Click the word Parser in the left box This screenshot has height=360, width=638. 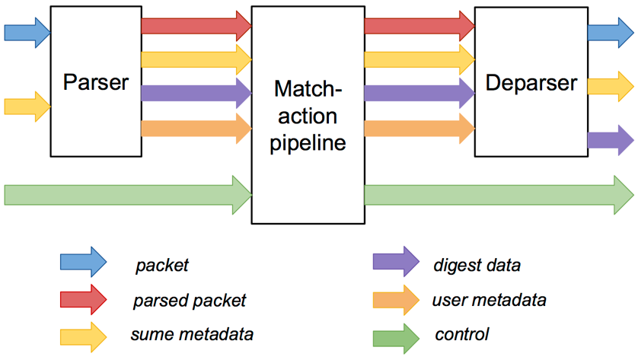coord(96,82)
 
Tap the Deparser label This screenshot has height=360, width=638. coord(531,84)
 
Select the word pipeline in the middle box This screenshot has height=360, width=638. coord(308,143)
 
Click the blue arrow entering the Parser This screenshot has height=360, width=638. coord(27,33)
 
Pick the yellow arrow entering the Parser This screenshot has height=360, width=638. coord(27,107)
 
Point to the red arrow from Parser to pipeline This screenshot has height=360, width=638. coord(196,26)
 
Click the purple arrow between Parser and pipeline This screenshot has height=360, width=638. coord(196,93)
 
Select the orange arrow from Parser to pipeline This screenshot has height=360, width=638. coord(196,129)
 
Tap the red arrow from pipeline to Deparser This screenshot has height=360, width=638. coord(419,26)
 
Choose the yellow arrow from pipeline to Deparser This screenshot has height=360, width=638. coord(419,60)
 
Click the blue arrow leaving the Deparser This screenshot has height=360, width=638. coord(611,33)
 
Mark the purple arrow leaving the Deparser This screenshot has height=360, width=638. coord(611,140)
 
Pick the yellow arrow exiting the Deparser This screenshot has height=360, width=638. coord(611,87)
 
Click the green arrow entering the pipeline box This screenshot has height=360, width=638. coord(128,195)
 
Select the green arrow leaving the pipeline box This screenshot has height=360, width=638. coord(499,195)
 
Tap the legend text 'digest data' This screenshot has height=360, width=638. coord(477,265)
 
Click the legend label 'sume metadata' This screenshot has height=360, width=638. coord(192,334)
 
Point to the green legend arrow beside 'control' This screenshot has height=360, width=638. coord(396,339)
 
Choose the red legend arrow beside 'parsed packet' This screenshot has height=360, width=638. coord(84,299)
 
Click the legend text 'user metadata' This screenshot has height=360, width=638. coord(489,300)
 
